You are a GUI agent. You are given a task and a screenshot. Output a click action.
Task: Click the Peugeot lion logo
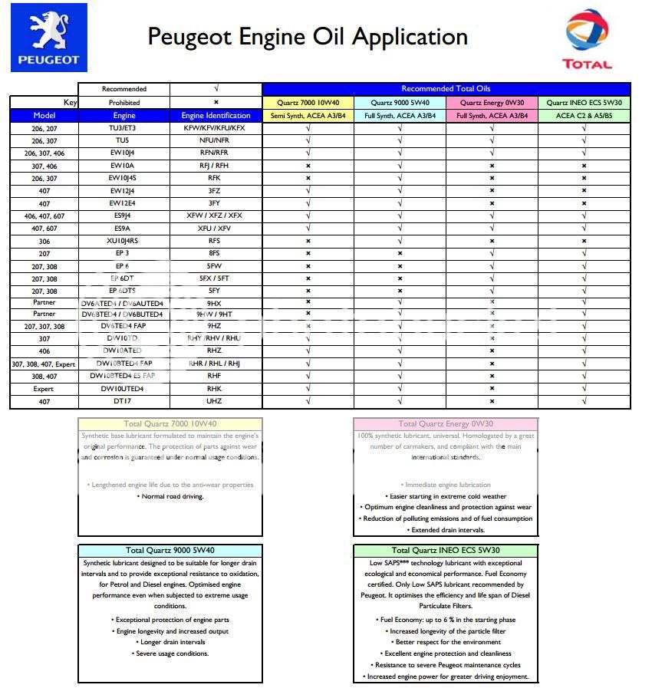pos(49,37)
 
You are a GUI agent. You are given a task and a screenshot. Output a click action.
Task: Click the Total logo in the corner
pos(587,38)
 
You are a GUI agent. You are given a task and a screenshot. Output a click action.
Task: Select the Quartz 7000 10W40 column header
pos(308,102)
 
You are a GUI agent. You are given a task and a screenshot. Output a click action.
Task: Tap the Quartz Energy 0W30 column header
pos(492,102)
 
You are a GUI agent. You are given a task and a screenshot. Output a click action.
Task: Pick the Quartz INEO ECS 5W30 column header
pos(584,102)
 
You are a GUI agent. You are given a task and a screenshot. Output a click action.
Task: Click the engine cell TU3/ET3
pos(123,128)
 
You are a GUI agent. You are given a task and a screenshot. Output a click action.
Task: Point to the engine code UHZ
pos(214,401)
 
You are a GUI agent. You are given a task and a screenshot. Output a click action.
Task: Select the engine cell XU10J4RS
pos(123,241)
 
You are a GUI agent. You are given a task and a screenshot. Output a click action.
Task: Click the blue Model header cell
pos(44,116)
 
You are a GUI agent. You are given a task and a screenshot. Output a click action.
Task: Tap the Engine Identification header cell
pos(214,116)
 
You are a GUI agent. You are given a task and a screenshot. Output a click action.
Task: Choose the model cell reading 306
pos(44,241)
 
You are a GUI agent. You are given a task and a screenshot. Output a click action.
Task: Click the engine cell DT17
pos(123,401)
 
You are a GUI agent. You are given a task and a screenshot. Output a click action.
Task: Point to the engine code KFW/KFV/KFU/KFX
pos(214,128)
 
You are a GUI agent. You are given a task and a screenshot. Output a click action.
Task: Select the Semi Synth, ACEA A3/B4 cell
pos(308,116)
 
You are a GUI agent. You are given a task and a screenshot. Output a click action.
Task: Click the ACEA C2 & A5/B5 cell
pos(584,116)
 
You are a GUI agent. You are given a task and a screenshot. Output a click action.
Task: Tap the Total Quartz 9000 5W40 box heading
pos(170,550)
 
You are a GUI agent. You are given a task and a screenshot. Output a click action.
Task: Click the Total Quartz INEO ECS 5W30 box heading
pos(446,550)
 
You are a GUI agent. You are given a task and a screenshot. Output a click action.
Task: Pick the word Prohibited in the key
pos(123,102)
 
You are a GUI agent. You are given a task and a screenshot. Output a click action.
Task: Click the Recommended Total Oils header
pos(446,89)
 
